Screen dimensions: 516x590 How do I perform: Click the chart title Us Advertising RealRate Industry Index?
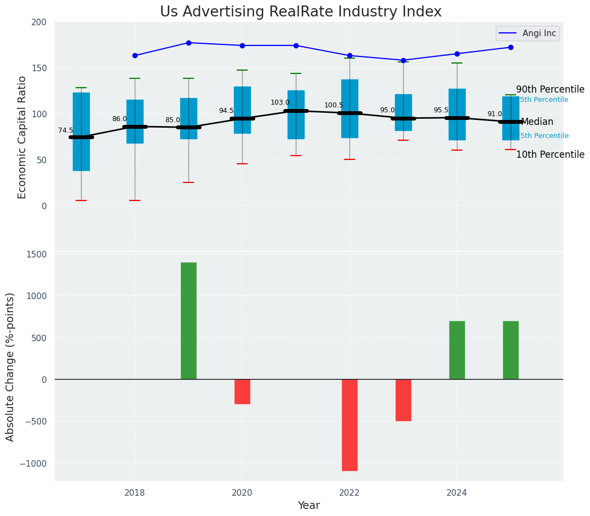click(301, 12)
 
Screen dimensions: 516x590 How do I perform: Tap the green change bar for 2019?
click(188, 320)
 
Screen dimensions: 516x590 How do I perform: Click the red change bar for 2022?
click(350, 425)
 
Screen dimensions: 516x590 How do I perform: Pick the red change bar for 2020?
click(242, 391)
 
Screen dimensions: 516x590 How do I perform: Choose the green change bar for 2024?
click(457, 350)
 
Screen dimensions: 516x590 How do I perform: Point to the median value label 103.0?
click(280, 102)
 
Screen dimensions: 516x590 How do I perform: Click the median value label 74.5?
click(66, 130)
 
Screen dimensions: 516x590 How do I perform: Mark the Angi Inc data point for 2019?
click(188, 43)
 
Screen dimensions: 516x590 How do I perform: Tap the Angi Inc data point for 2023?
click(403, 60)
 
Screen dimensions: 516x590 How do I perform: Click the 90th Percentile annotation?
click(550, 89)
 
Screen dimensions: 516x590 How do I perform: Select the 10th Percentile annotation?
click(550, 154)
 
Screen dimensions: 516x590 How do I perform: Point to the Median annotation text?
click(537, 122)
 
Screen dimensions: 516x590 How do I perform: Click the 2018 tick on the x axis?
click(135, 492)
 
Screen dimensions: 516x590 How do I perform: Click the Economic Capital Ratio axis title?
click(22, 137)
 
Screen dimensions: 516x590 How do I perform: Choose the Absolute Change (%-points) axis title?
click(10, 366)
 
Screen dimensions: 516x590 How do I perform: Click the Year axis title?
click(308, 505)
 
